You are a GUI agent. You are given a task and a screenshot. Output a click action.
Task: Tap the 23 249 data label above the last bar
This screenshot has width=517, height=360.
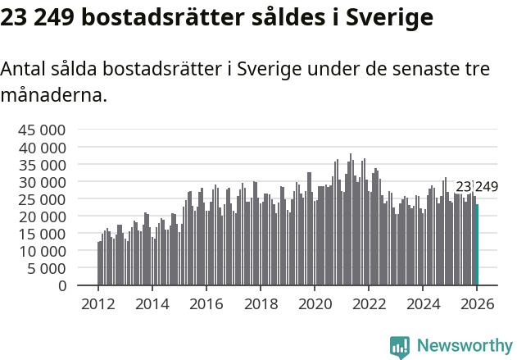pyautogui.click(x=477, y=187)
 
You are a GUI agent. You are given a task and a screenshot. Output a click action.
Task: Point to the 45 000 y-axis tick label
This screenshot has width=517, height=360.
pyautogui.click(x=41, y=130)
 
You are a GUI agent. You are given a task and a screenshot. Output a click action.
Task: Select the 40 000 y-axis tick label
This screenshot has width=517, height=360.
pyautogui.click(x=41, y=147)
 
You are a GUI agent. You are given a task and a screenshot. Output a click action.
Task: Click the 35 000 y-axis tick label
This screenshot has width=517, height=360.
pyautogui.click(x=41, y=164)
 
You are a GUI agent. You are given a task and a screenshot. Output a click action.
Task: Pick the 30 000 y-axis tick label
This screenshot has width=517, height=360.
pyautogui.click(x=41, y=181)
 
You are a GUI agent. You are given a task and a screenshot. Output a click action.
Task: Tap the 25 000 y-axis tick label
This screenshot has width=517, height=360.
pyautogui.click(x=41, y=198)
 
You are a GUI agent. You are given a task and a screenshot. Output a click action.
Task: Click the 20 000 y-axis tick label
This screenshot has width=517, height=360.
pyautogui.click(x=41, y=216)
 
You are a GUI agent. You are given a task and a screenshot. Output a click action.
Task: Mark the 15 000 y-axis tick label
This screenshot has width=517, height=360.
pyautogui.click(x=41, y=233)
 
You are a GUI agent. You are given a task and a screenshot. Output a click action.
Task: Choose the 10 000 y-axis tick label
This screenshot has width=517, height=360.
pyautogui.click(x=41, y=250)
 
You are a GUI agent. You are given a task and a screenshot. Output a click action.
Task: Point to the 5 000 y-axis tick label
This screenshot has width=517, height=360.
pyautogui.click(x=48, y=267)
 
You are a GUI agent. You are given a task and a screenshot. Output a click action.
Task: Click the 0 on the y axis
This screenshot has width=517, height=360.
pyautogui.click(x=61, y=285)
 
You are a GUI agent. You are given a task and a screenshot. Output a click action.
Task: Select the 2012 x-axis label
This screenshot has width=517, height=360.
pyautogui.click(x=98, y=304)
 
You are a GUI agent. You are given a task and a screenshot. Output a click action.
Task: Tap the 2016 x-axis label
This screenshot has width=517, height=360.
pyautogui.click(x=206, y=304)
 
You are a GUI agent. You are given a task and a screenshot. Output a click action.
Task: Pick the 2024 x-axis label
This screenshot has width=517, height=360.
pyautogui.click(x=423, y=304)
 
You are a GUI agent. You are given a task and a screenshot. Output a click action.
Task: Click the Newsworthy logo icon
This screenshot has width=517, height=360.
pyautogui.click(x=400, y=347)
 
